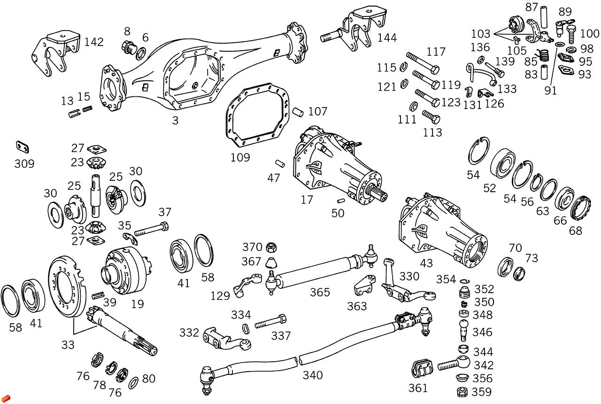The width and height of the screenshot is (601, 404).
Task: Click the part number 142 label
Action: tap(94, 42)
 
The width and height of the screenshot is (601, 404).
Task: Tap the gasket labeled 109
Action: tap(257, 115)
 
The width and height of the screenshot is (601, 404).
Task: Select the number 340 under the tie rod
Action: tap(313, 375)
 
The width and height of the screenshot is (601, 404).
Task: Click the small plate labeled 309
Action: tap(22, 147)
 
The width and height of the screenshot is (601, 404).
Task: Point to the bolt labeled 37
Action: tap(152, 229)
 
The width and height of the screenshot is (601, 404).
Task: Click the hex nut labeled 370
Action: tap(271, 247)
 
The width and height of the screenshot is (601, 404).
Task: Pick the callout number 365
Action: tap(320, 292)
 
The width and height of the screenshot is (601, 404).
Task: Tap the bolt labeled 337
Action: tap(270, 321)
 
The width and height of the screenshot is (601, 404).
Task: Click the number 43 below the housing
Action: tap(427, 264)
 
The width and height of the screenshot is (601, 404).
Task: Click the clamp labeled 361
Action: tap(422, 368)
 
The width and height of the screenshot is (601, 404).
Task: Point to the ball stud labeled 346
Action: tap(464, 330)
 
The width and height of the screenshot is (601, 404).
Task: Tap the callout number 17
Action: tap(307, 200)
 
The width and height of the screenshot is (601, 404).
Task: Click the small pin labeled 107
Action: tap(298, 112)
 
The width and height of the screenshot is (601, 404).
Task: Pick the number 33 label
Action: tap(68, 345)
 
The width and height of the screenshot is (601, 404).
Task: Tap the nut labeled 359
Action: tap(462, 392)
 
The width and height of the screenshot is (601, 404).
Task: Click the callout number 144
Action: tap(387, 38)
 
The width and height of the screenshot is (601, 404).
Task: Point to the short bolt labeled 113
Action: tap(431, 117)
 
